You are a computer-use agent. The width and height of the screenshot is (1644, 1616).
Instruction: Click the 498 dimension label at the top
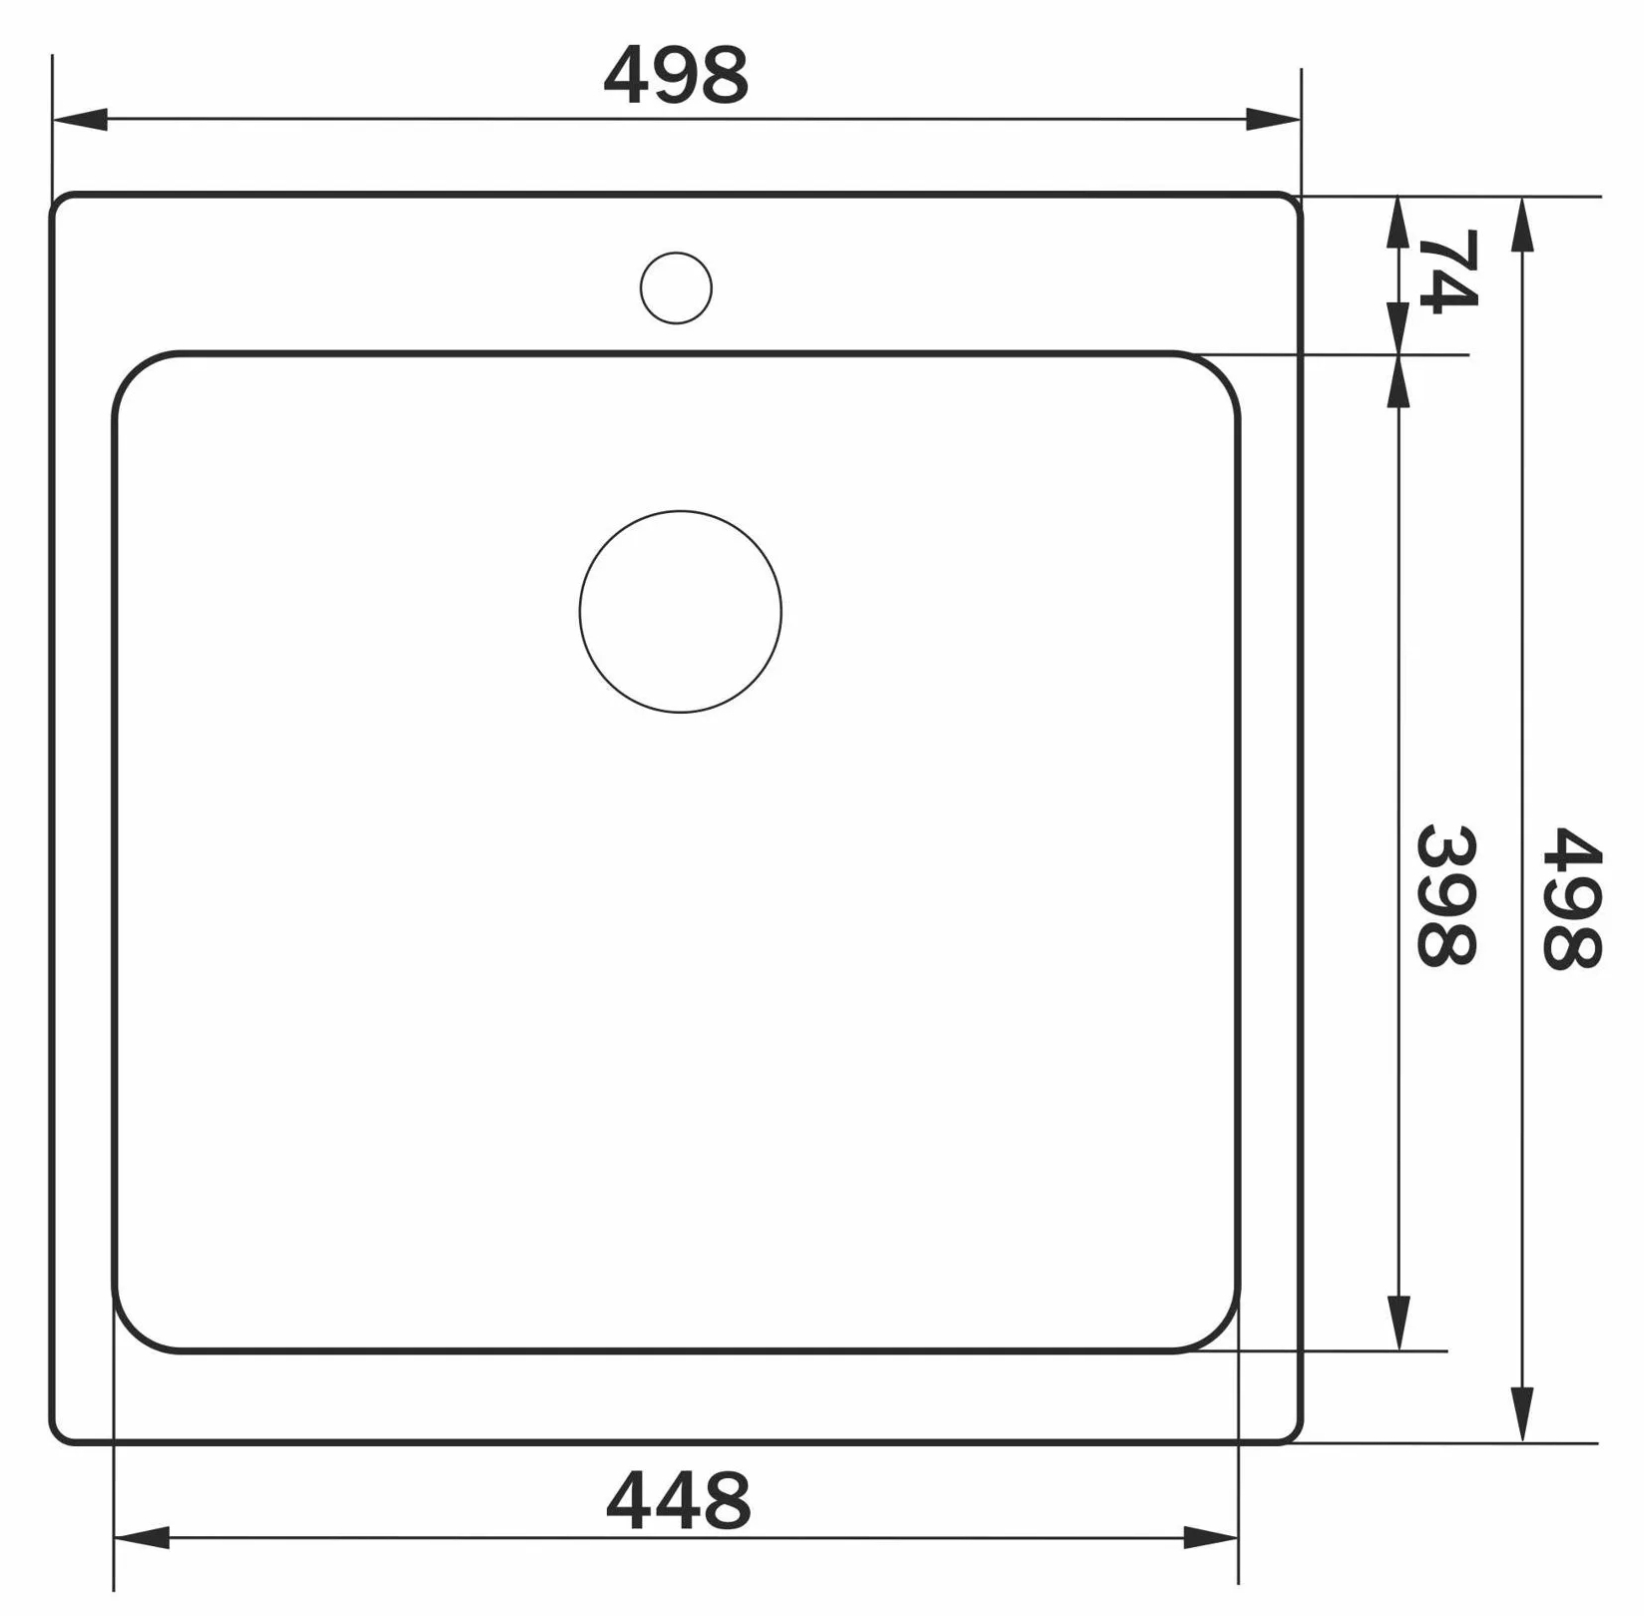[676, 76]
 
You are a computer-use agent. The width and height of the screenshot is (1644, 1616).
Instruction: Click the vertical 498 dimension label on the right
[1571, 897]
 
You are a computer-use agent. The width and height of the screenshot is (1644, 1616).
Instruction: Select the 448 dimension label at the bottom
[678, 1500]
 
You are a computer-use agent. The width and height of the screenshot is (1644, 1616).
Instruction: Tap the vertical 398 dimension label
[1446, 895]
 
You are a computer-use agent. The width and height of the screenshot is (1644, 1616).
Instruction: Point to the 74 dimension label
[1447, 270]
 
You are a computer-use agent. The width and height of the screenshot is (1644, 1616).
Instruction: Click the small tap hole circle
[676, 287]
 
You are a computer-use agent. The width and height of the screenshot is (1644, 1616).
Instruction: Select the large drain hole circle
[680, 612]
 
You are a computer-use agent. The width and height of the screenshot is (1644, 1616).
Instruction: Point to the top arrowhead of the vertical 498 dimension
[1521, 225]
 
